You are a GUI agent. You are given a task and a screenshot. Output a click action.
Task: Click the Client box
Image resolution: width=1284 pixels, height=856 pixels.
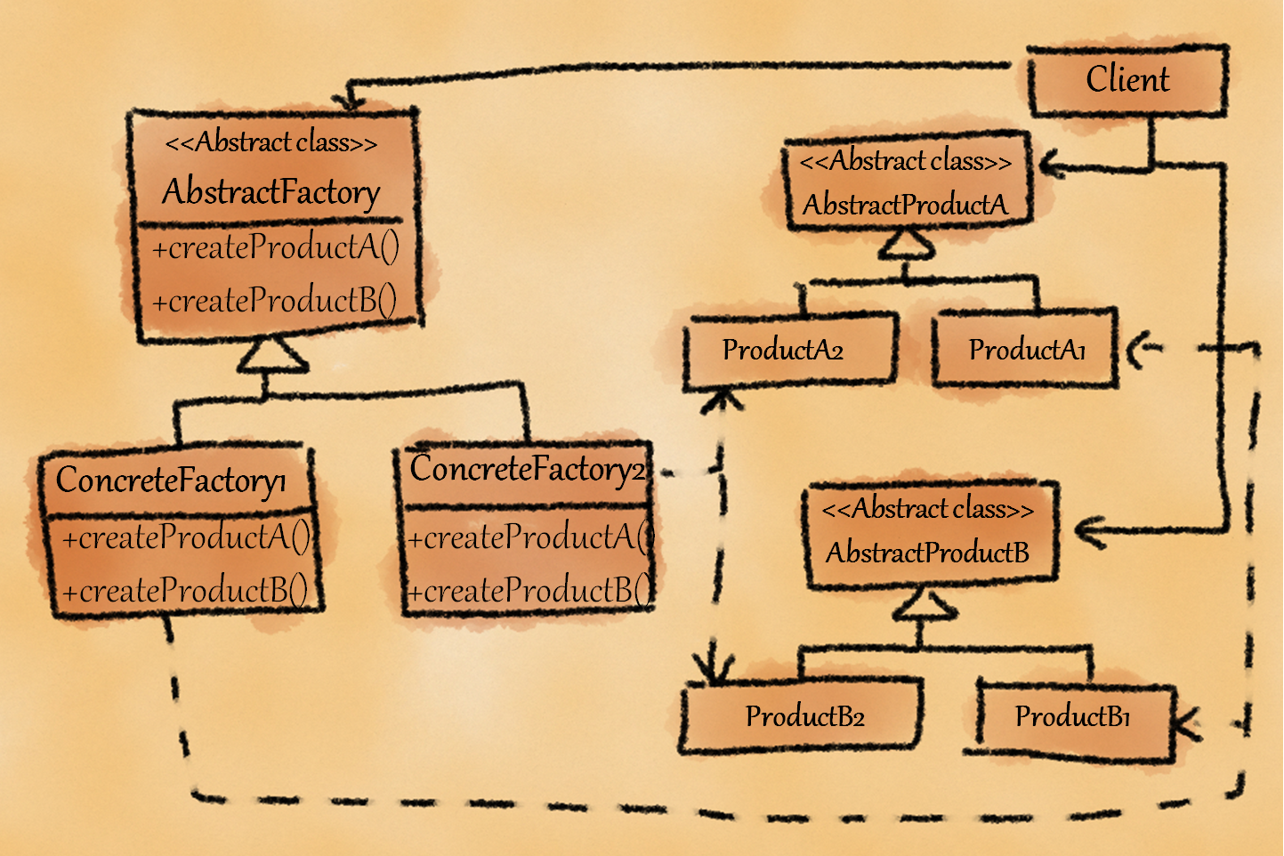(x=1127, y=80)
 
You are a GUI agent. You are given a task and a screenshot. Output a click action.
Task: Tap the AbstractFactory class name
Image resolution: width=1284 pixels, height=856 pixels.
(x=271, y=191)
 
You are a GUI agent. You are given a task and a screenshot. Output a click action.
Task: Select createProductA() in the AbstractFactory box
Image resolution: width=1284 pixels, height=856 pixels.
(x=275, y=247)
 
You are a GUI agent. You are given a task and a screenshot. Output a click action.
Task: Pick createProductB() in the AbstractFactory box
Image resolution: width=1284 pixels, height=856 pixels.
(x=274, y=301)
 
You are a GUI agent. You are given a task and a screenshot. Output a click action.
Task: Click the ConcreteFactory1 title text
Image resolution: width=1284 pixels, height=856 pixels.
(x=171, y=480)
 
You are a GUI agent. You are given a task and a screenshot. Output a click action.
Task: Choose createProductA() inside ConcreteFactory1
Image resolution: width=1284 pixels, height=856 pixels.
(x=185, y=537)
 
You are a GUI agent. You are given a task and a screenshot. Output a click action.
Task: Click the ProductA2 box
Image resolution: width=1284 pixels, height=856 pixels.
(x=783, y=350)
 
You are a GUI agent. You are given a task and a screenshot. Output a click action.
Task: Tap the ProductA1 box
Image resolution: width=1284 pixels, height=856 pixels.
(x=1027, y=350)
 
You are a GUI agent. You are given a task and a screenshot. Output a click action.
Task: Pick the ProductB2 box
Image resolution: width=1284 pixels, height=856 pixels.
(x=804, y=716)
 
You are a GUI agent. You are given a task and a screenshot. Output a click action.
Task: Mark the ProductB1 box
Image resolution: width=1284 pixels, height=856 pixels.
(x=1072, y=716)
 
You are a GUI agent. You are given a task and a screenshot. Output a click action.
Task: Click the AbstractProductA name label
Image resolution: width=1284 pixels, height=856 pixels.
(x=905, y=206)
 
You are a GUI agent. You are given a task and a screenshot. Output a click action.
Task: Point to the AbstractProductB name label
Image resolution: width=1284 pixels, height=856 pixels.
(x=927, y=553)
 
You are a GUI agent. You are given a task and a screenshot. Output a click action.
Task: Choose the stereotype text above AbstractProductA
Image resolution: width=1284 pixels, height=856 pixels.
(x=905, y=162)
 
